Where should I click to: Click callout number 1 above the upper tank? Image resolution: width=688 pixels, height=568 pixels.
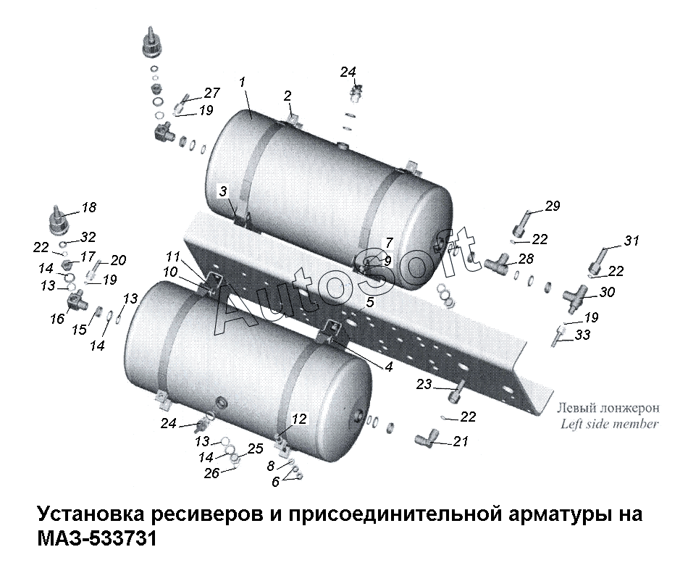pos(242,82)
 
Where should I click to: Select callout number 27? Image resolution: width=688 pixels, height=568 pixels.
pos(211,93)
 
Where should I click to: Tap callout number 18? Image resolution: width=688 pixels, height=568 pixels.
pos(89,207)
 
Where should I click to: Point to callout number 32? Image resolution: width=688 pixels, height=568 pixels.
pos(88,237)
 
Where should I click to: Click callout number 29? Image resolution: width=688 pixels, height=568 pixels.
pos(553,206)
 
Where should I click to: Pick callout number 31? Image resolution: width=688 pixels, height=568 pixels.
pos(632,241)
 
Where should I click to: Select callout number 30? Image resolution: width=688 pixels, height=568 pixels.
pos(608,292)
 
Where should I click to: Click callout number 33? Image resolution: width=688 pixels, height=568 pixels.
pos(583,335)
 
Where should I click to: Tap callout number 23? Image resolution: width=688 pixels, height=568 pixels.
pos(424,385)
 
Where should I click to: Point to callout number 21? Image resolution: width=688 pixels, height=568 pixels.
pos(461,441)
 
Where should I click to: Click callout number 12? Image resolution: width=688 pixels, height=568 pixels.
pos(299,419)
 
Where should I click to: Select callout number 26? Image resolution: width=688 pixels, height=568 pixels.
pos(212,473)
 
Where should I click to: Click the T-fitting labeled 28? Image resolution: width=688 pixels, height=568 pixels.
pos(498,263)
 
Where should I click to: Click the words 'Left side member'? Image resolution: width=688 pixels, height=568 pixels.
pos(610,424)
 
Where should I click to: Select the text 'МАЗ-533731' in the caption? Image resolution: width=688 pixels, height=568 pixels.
pos(97,538)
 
